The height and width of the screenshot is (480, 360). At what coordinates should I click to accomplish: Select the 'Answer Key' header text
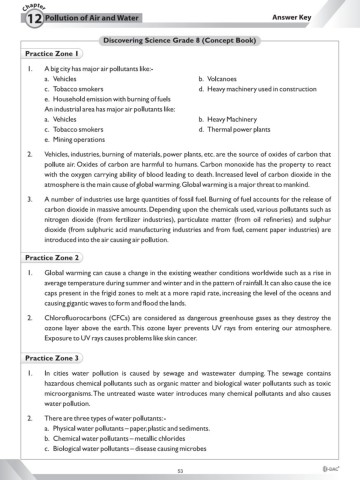319,18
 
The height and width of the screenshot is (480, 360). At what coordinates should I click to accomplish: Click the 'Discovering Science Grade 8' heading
179,40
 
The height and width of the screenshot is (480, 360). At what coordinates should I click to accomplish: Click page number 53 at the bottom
180,468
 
